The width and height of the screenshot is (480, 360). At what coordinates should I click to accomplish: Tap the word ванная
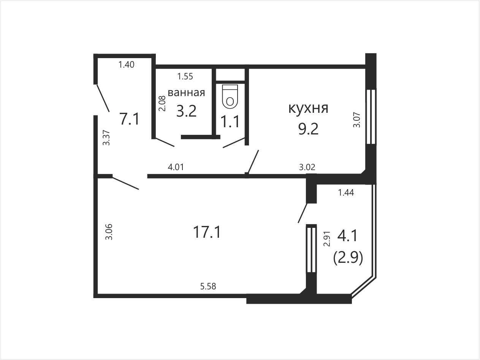click(x=186, y=93)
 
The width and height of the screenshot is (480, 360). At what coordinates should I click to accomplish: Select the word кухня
click(x=308, y=108)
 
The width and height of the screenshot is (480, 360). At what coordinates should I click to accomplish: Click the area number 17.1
click(x=207, y=232)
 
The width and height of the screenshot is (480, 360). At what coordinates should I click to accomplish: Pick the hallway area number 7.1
click(x=130, y=119)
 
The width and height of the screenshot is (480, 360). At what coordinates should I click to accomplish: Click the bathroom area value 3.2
click(x=186, y=111)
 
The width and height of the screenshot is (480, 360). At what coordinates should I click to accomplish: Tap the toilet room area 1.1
click(x=230, y=122)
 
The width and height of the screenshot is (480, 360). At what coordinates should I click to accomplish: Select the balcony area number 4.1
click(x=348, y=236)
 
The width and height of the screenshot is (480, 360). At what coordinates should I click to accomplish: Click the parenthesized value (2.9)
click(x=348, y=258)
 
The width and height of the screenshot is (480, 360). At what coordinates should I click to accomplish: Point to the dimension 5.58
click(x=208, y=286)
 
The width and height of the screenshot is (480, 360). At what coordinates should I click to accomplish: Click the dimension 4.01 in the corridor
click(x=176, y=167)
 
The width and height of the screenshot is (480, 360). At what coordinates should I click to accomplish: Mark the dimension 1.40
click(x=127, y=65)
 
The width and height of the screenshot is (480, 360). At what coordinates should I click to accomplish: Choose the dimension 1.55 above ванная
click(x=185, y=76)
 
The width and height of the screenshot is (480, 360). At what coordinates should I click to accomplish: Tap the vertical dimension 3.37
click(x=106, y=137)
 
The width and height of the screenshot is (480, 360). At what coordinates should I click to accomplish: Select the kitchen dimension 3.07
click(x=356, y=120)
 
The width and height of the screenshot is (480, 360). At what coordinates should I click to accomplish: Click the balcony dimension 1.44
click(x=346, y=193)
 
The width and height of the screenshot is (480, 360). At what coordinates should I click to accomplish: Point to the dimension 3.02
click(x=307, y=167)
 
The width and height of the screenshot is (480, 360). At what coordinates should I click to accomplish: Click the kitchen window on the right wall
click(x=371, y=117)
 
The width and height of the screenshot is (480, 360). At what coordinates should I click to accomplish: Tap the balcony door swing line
click(x=303, y=213)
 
